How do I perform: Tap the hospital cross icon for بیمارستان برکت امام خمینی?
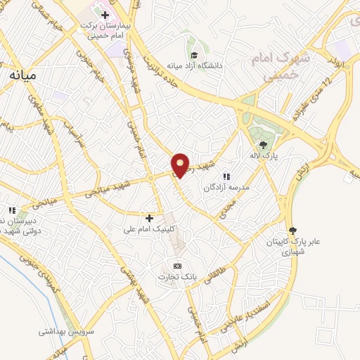(105, 14)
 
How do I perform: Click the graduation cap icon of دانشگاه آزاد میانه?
(193, 56)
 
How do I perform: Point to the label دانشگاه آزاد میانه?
(195, 66)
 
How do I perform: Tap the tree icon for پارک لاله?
(263, 145)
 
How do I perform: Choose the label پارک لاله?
(264, 155)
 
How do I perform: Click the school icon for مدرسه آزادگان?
(226, 177)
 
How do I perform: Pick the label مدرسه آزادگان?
(226, 188)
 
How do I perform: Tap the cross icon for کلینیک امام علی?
(149, 218)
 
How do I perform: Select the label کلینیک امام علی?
(143, 229)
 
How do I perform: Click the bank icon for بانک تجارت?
(177, 266)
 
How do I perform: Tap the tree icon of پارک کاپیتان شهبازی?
(292, 230)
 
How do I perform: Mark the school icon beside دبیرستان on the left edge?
(11, 210)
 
